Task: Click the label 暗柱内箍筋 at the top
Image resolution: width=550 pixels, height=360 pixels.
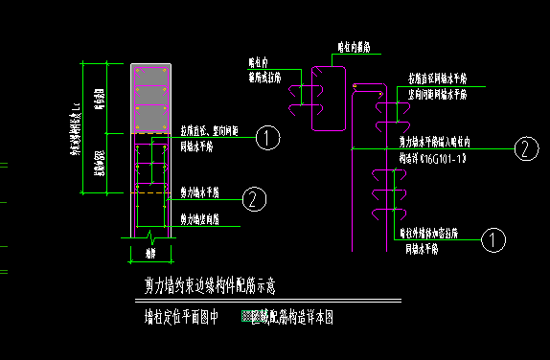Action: click(355, 46)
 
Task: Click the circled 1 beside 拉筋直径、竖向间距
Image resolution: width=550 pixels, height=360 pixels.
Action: click(269, 138)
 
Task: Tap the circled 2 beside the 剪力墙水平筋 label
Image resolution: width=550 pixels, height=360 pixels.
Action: click(252, 199)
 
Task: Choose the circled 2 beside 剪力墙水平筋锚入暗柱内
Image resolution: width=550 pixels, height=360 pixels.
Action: click(524, 148)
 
